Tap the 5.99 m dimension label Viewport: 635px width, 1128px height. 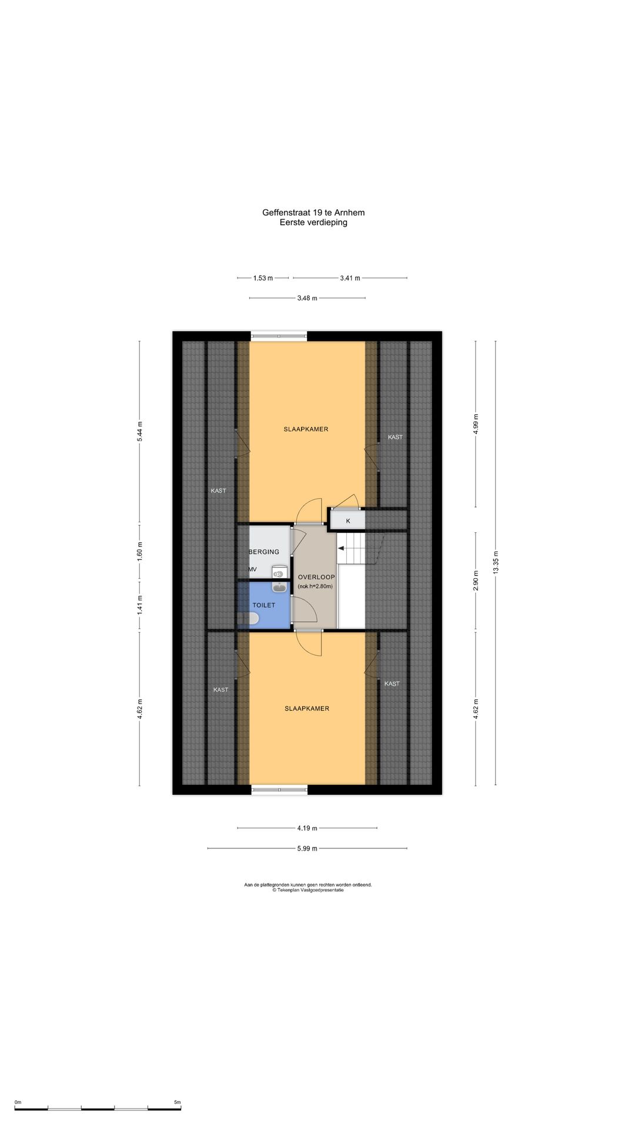tap(307, 848)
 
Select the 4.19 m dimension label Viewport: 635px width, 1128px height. tap(307, 828)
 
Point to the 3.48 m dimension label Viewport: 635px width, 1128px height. tap(307, 298)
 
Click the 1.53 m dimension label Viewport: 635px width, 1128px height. tap(263, 278)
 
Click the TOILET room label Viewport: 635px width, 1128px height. tap(263, 605)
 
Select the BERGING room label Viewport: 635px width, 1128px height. tap(265, 552)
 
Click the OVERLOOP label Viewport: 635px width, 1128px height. tap(316, 577)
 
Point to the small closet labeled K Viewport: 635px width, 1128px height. tap(347, 521)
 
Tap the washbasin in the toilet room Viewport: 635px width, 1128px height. tap(279, 587)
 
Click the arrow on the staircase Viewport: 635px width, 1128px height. tap(341, 549)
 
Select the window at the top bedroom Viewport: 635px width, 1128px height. tap(279, 337)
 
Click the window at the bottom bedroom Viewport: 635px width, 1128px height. tap(279, 790)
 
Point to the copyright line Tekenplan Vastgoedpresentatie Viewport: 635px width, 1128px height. tap(308, 890)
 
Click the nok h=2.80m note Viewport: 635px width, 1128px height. tap(316, 586)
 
